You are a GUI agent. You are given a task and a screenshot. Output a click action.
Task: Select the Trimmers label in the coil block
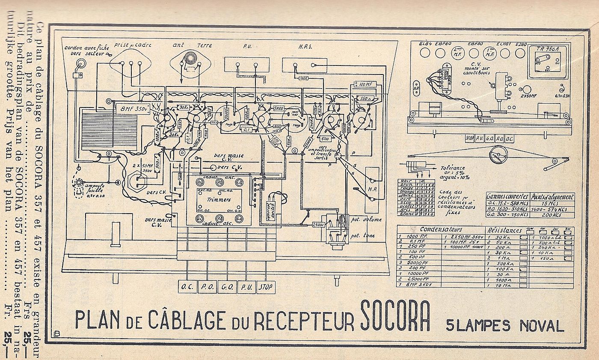[218, 199]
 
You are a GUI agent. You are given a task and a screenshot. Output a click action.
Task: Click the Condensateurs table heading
[441, 229]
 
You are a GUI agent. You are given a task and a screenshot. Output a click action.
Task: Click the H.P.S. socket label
[305, 45]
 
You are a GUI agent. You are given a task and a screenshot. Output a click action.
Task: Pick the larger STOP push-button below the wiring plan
[265, 287]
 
